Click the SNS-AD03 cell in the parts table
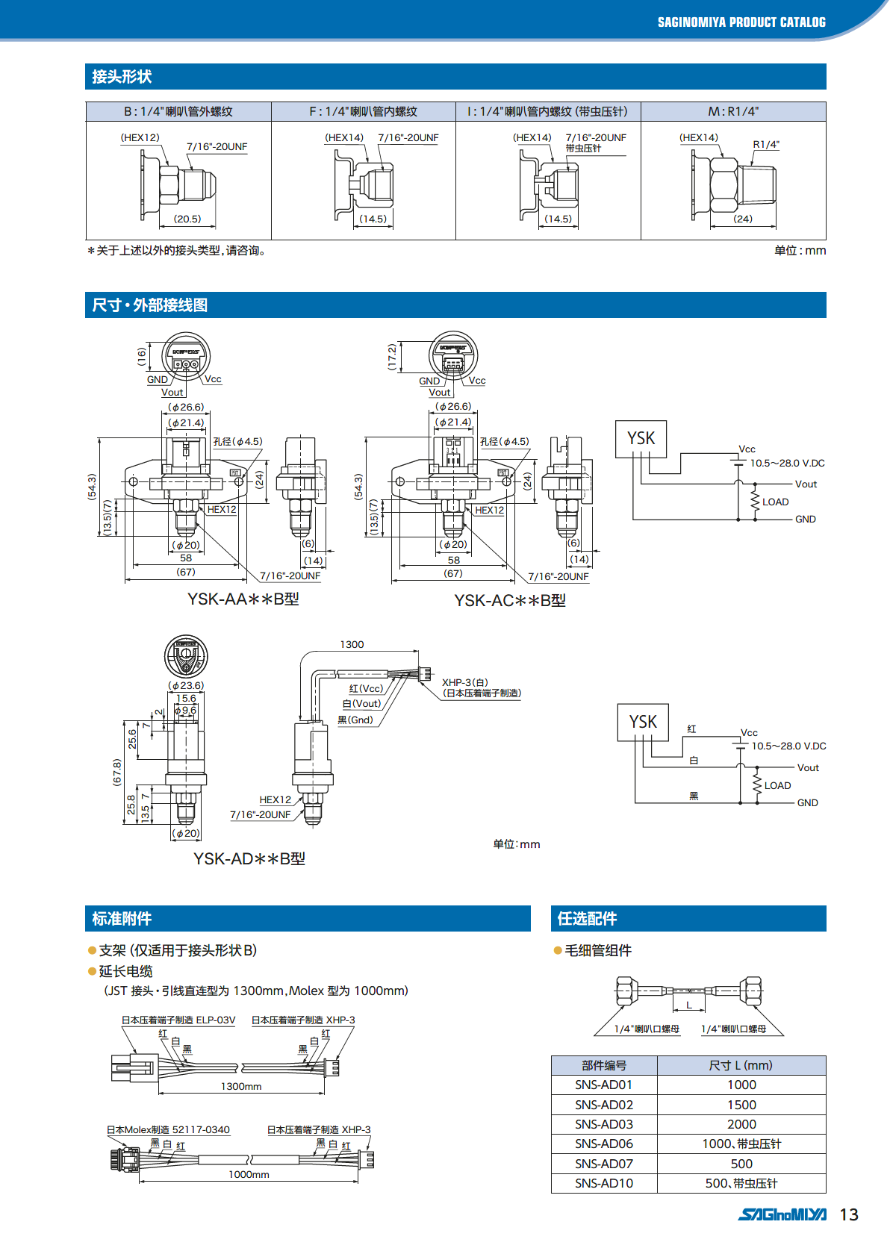pos(603,1124)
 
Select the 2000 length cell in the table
pos(741,1124)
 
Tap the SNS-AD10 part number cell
pos(603,1183)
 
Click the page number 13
pos(849,1214)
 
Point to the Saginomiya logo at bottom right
pos(782,1214)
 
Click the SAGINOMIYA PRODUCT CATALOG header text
pos(741,22)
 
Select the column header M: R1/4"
pos(733,111)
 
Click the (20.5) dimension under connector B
pos(187,219)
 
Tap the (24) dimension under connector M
pos(743,219)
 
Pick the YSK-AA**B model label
pos(243,599)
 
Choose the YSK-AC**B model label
pos(510,601)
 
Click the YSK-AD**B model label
pos(249,859)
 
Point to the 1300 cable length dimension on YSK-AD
pos(352,644)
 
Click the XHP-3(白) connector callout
pos(465,682)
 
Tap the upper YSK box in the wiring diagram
pos(641,438)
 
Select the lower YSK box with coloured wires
pos(643,722)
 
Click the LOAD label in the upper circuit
pos(775,502)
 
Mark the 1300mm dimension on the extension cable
pos(241,1086)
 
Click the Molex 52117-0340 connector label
pos(168,1129)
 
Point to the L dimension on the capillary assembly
pos(689,1005)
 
